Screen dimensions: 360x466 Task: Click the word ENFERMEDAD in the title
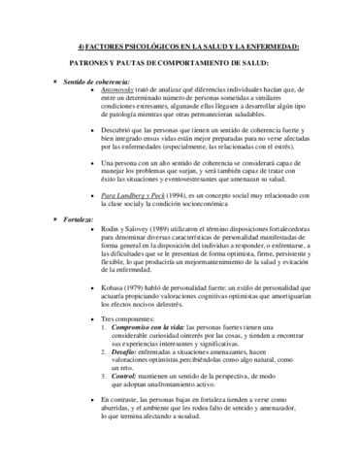coord(271,45)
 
